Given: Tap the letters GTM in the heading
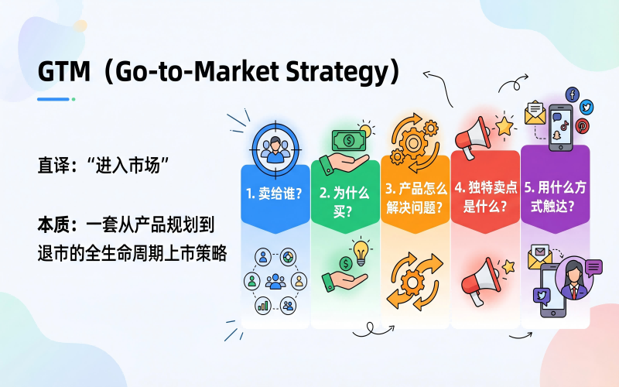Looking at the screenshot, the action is tap(64, 71).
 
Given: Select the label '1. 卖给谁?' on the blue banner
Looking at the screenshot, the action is tap(275, 193).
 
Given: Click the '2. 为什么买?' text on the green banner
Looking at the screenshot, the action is tap(344, 202).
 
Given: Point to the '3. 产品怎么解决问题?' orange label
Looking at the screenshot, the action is tap(416, 197).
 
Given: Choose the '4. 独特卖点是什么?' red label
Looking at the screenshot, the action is tap(486, 197).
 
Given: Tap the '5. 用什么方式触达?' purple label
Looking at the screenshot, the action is tap(555, 197).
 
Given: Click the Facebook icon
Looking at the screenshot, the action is tap(573, 94).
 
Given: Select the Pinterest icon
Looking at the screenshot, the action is tap(582, 126).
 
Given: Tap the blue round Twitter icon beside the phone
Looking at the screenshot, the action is tap(587, 107).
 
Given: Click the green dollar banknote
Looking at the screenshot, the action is tap(349, 141).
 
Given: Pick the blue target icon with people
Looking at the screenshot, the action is tap(275, 149).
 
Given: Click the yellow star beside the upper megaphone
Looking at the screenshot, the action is tap(504, 126).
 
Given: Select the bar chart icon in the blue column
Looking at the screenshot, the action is tap(263, 305).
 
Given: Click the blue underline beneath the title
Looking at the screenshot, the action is tap(53, 99).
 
